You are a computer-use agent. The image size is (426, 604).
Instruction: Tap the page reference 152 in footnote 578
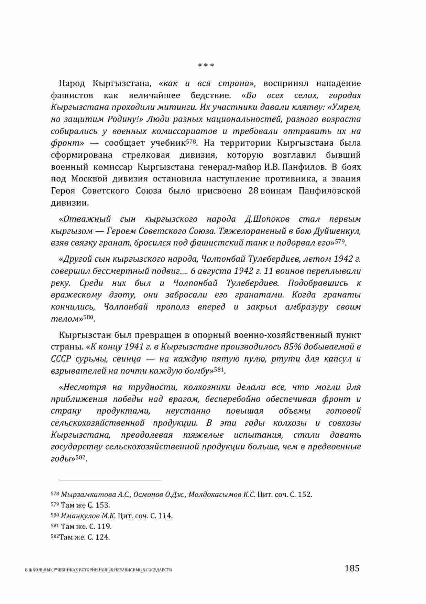tap(304, 494)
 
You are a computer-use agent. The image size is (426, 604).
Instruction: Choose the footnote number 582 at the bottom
tap(55, 537)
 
